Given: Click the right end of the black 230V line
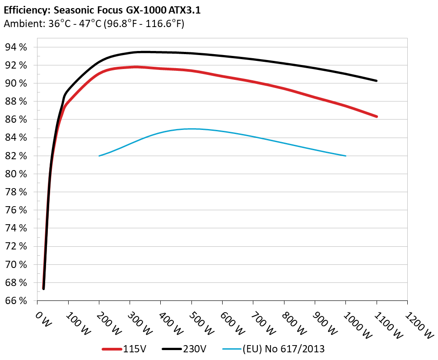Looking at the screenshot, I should (376, 81).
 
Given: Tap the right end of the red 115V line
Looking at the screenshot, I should (376, 116).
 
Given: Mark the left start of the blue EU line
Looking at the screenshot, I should (99, 156).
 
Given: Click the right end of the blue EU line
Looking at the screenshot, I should (345, 156).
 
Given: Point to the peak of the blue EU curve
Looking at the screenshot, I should (191, 129).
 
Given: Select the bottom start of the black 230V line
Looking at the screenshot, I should (43, 288).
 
